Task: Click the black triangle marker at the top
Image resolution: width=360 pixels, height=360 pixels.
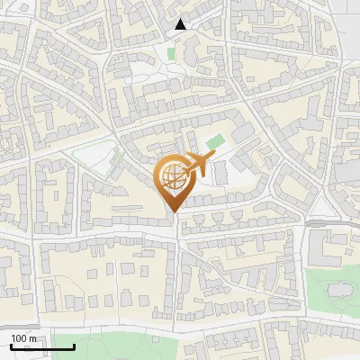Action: coord(181,24)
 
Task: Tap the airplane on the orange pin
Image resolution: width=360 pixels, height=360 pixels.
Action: coord(197,164)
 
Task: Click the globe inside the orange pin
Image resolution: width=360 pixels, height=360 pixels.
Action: coord(172,178)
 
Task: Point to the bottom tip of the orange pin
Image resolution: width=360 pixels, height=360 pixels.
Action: coord(174,212)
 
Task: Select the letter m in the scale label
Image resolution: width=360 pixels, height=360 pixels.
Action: coord(33,337)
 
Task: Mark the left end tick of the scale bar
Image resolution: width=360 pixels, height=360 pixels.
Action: coord(12,346)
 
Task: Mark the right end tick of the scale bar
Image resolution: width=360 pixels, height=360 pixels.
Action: coord(74,346)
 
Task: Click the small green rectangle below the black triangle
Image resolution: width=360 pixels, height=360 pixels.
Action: coord(171,54)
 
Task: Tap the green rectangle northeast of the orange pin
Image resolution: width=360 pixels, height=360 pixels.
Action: coord(213,142)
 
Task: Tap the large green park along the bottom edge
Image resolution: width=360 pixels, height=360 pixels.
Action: coord(153,346)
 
